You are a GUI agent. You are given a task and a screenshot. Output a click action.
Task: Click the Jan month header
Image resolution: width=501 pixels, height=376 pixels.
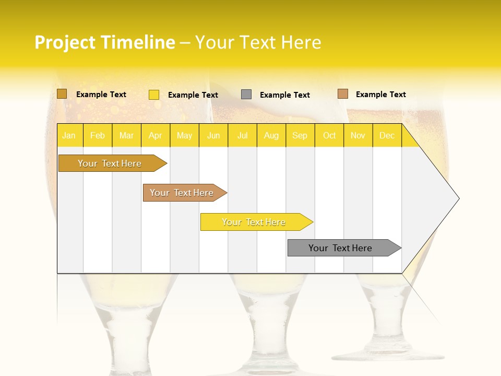69,136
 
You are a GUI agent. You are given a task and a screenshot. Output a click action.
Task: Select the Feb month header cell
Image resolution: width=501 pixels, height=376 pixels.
98,136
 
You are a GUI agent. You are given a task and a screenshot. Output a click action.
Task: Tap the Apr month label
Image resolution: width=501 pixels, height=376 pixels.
156,136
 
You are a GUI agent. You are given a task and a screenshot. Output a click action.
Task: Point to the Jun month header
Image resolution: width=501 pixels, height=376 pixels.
213,136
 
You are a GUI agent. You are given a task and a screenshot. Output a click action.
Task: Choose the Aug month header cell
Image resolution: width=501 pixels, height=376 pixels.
271,136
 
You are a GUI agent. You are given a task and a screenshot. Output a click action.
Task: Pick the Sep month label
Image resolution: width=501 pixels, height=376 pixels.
300,136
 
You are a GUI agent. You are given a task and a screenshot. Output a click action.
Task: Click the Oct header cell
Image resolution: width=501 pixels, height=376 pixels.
329,136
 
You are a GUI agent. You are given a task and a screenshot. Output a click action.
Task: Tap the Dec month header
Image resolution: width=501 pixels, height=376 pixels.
387,136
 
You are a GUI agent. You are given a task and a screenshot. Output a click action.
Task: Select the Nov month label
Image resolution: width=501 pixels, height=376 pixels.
358,136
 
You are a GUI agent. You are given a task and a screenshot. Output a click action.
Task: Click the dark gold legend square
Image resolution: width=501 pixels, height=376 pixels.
62,94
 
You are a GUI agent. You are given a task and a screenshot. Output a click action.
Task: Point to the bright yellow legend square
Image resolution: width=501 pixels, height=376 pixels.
154,95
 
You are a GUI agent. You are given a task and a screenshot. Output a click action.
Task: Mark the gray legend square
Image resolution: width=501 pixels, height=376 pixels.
246,95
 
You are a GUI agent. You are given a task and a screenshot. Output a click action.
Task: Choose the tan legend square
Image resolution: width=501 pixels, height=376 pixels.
342,94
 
